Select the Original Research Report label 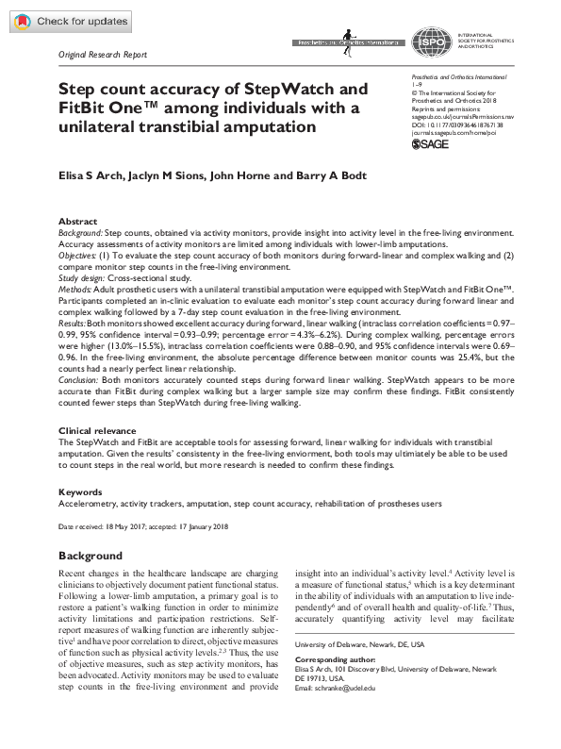click(x=103, y=55)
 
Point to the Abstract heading click(x=77, y=220)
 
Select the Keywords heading click(x=81, y=492)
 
